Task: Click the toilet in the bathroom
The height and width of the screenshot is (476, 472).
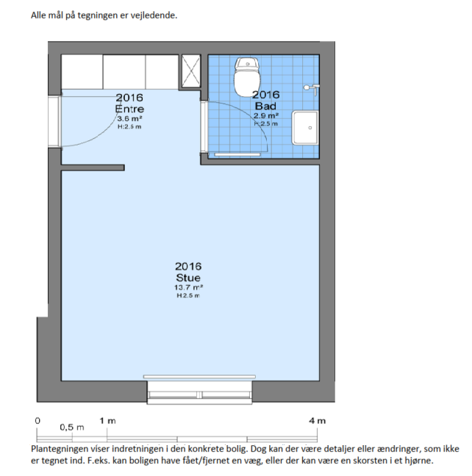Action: point(247,77)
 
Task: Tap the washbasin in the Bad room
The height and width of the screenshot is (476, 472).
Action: point(305,128)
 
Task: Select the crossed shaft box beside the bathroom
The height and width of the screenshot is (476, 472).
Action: point(191,71)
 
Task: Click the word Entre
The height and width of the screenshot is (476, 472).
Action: point(129,109)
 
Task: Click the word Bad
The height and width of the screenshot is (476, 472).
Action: point(265,106)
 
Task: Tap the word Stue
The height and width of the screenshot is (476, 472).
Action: point(188,278)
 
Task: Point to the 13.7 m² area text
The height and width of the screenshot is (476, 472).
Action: point(188,287)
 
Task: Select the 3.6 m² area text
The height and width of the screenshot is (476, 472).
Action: point(130,119)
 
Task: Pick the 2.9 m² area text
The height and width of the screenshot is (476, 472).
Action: point(266,115)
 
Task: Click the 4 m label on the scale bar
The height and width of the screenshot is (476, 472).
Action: point(318,421)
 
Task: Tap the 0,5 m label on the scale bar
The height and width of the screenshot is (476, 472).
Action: point(72,428)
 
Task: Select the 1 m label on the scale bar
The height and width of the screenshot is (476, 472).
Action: point(107,421)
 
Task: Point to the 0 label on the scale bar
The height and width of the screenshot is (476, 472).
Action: point(37,421)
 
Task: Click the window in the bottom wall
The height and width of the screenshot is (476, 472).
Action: point(199,392)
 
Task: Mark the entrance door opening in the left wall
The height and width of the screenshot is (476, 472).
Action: point(55,122)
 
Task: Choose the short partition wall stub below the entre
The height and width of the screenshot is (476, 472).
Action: point(93,167)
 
